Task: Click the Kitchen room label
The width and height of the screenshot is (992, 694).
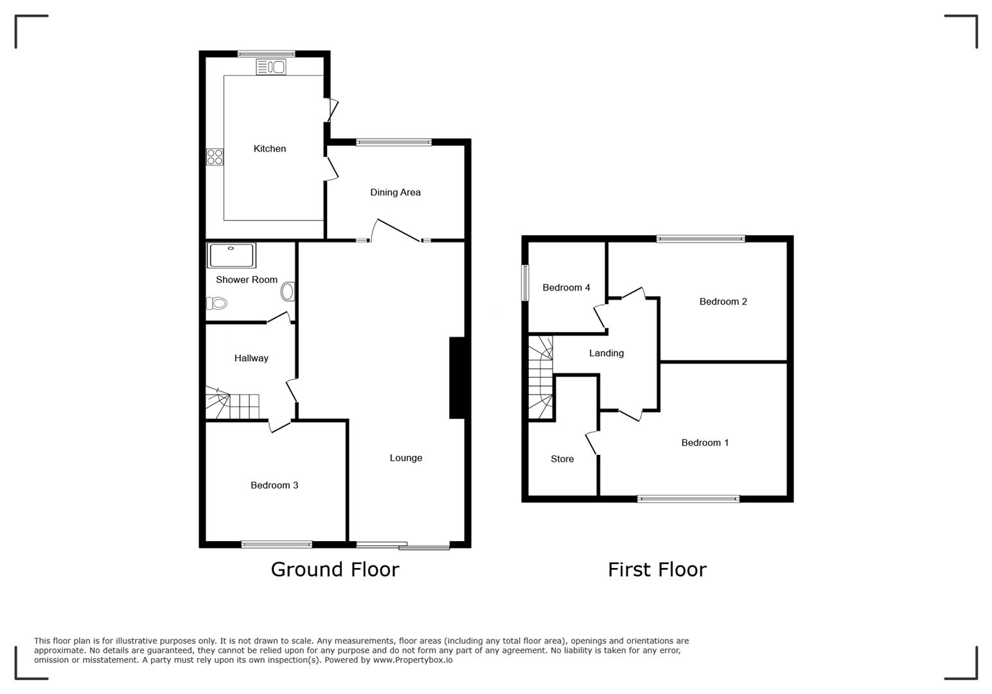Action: [270, 148]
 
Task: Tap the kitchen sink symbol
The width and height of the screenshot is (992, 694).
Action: [271, 67]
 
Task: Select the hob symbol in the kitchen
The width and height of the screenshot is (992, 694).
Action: [215, 157]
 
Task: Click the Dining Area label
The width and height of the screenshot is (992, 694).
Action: [395, 192]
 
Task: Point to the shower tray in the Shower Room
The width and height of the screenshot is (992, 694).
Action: [231, 255]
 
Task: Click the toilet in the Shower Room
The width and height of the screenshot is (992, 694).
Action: [217, 303]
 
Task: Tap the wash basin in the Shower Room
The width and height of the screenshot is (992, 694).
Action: [287, 292]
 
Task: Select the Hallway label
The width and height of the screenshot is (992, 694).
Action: [251, 358]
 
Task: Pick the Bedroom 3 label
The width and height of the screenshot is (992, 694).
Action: [274, 485]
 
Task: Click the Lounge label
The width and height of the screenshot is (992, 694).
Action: [406, 458]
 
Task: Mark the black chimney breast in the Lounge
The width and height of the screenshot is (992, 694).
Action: [457, 378]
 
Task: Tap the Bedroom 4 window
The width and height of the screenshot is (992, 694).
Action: [525, 283]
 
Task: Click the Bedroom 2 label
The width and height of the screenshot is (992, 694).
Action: [723, 301]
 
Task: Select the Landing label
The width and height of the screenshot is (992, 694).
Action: [607, 353]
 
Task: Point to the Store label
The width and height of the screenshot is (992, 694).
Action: [562, 459]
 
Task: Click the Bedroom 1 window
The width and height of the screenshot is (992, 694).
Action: [688, 498]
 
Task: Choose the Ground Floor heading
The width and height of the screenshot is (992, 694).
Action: [335, 569]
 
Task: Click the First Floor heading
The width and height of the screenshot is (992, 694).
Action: [657, 569]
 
